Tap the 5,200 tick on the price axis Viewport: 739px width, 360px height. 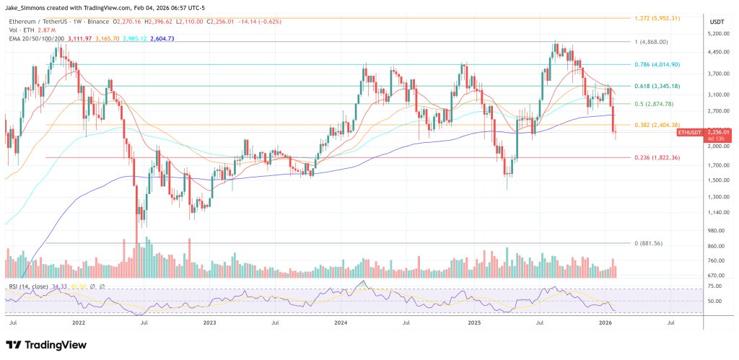click(x=716, y=34)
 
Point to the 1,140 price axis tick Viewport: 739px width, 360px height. click(x=716, y=212)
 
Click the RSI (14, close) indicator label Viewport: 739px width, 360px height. click(x=29, y=287)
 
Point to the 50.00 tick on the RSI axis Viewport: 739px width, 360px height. click(x=714, y=301)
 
